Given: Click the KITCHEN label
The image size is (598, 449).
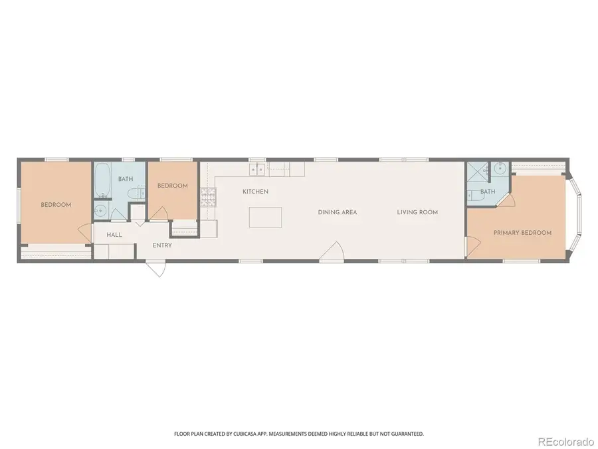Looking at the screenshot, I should click(x=255, y=192).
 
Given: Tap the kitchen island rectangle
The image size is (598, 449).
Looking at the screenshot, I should click(x=265, y=217).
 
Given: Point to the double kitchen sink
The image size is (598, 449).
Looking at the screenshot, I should click(x=258, y=170).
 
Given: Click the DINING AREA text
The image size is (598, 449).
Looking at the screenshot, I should click(x=338, y=212).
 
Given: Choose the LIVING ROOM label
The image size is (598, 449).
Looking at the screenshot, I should click(x=417, y=212).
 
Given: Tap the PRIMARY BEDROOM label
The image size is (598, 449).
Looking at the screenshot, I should click(x=522, y=233).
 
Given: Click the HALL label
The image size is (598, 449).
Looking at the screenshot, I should click(x=114, y=235).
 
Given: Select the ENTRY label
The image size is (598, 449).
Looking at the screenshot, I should click(x=162, y=245).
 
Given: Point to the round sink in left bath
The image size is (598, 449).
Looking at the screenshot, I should click(x=100, y=212).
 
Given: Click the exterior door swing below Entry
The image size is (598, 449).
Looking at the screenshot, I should click(x=155, y=268).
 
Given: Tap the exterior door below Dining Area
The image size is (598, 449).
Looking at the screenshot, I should click(x=332, y=253).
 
